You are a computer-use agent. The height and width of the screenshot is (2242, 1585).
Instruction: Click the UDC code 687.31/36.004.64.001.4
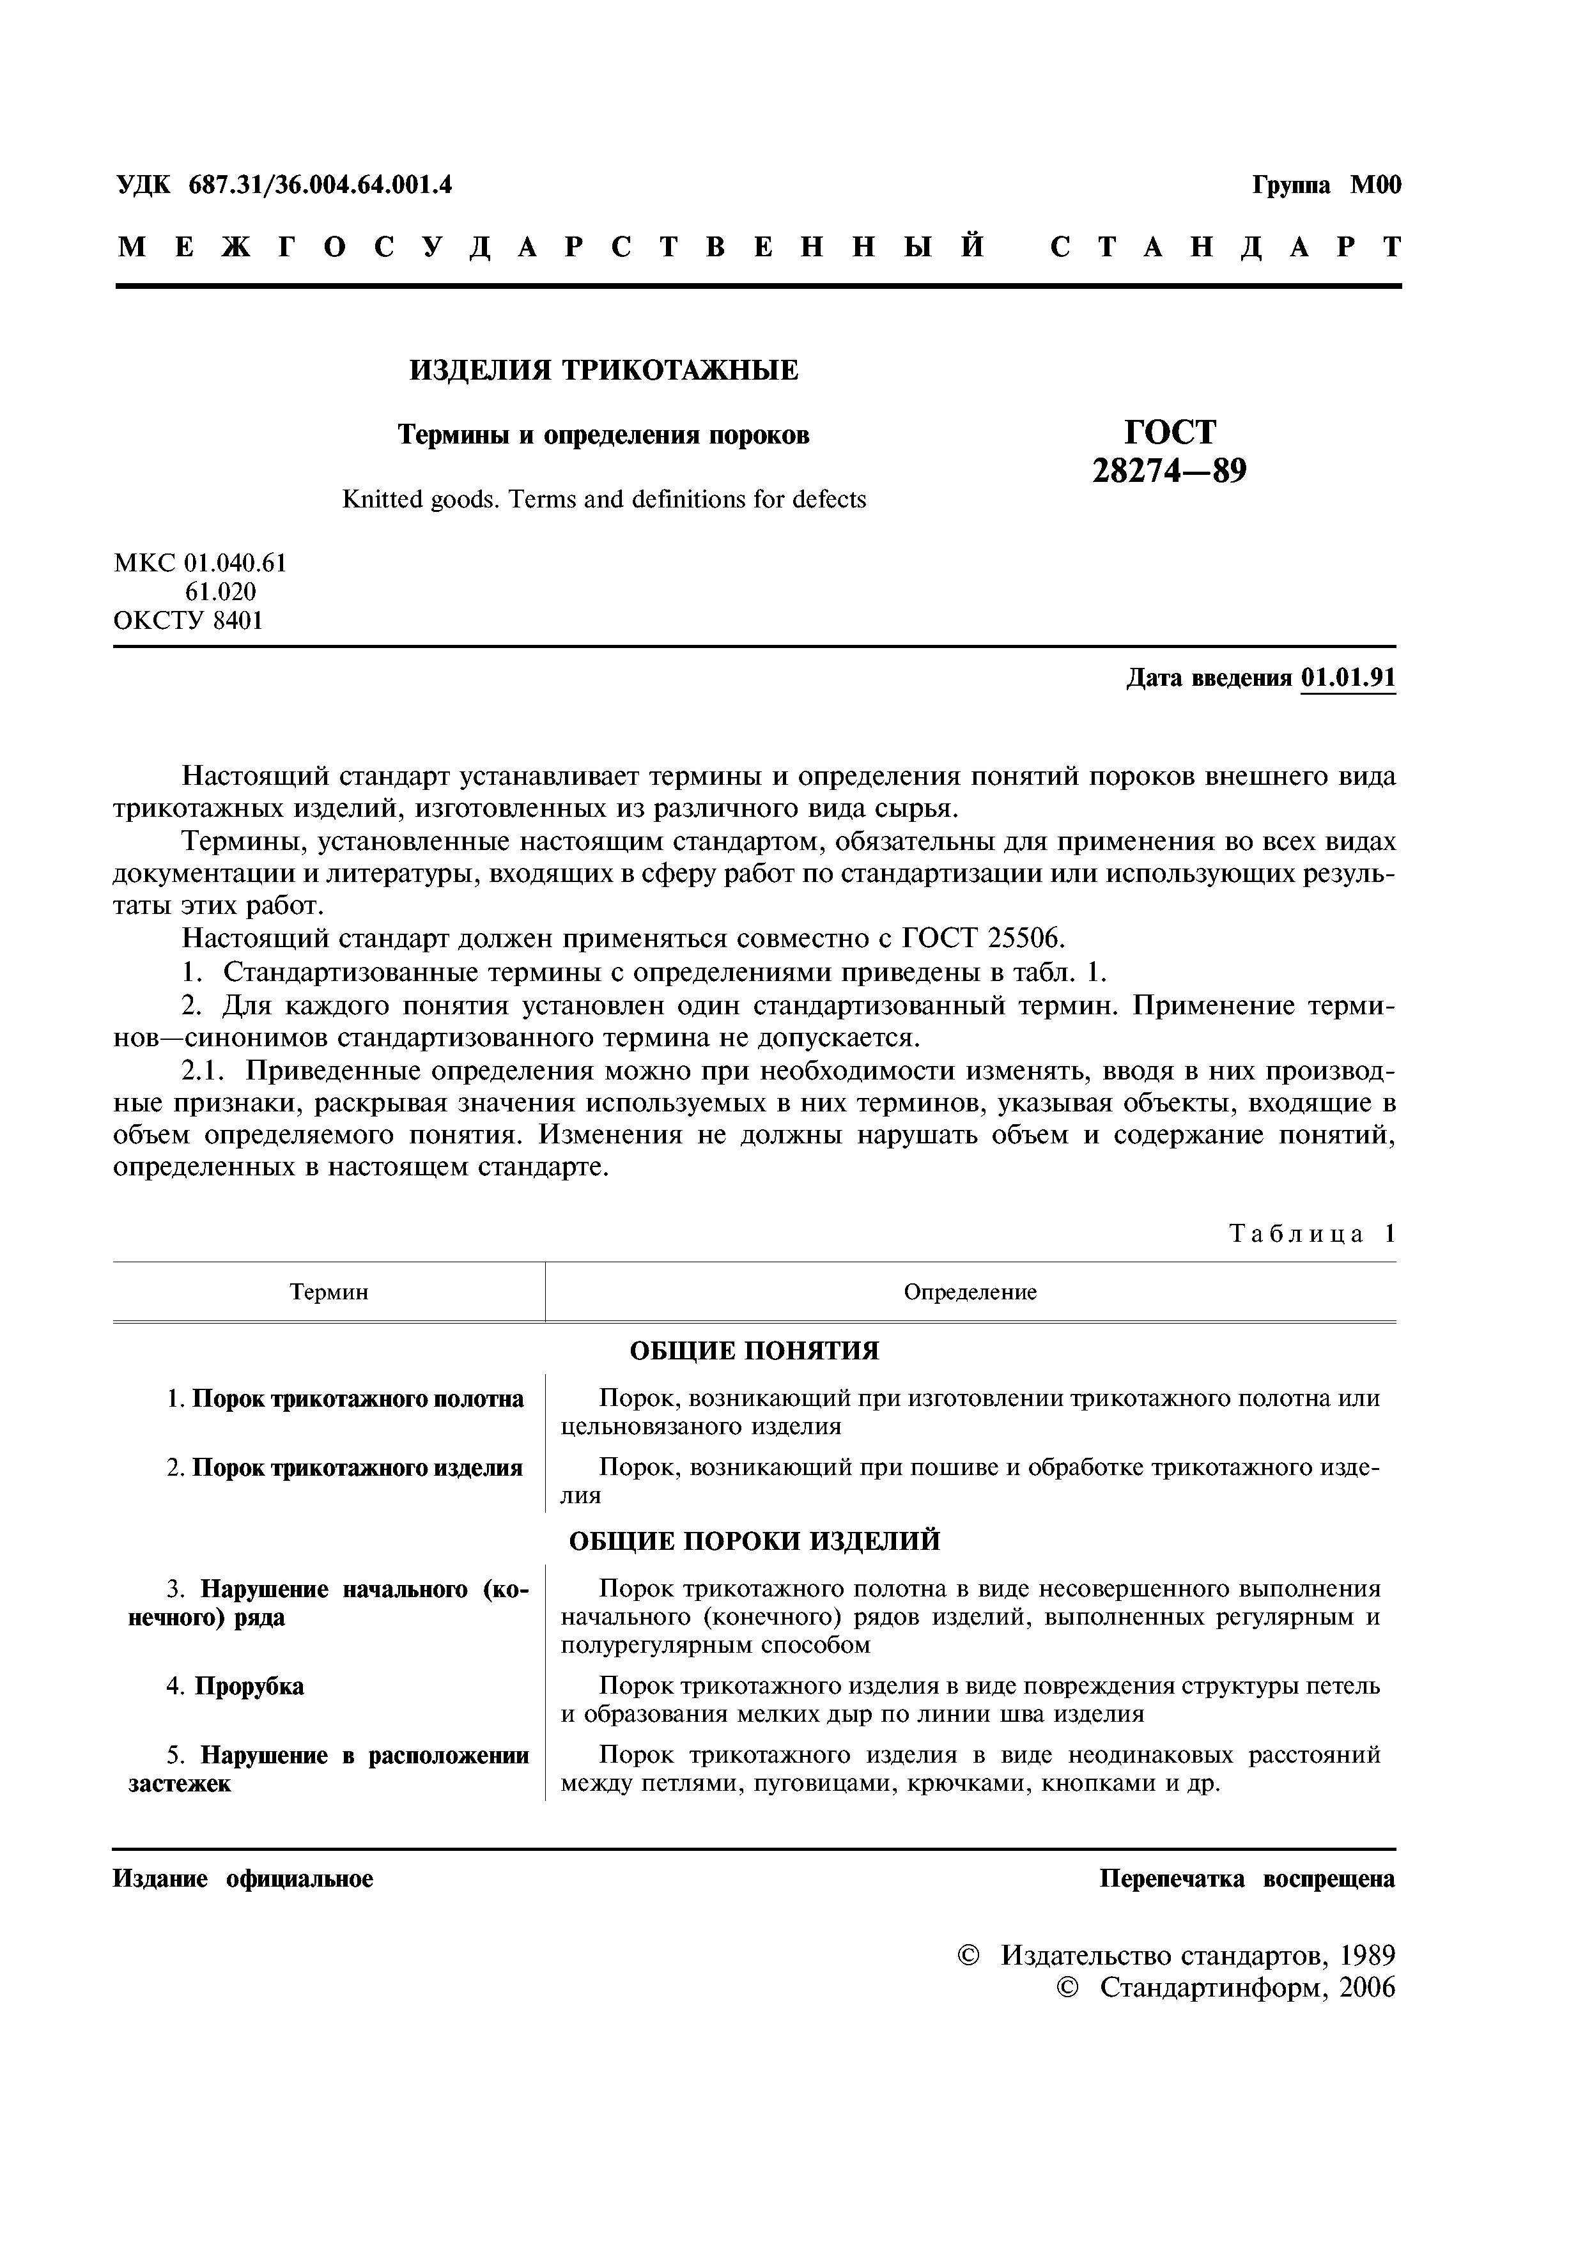(320, 185)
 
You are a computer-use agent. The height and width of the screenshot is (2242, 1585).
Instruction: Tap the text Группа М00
(1326, 185)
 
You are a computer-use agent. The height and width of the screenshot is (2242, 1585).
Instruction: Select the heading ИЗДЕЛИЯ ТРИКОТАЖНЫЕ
(603, 370)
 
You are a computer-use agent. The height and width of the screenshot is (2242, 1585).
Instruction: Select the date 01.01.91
(1348, 677)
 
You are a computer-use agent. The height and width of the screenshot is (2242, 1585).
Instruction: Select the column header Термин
(329, 1292)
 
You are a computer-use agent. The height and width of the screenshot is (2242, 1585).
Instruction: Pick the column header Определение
(970, 1292)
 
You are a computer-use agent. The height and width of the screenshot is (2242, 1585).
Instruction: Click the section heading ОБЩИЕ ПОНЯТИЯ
(754, 1350)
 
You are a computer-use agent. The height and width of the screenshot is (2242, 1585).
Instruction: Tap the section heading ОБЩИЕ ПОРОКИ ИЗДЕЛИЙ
(754, 1541)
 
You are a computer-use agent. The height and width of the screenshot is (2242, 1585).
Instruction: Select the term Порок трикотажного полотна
(357, 1399)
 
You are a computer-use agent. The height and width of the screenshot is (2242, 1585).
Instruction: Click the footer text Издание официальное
(243, 1879)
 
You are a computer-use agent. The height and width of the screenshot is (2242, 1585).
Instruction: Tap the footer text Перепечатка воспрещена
(1247, 1879)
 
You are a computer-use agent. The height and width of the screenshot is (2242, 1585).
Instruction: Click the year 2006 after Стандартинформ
(1367, 1987)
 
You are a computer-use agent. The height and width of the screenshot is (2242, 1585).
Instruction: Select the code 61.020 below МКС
(220, 592)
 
